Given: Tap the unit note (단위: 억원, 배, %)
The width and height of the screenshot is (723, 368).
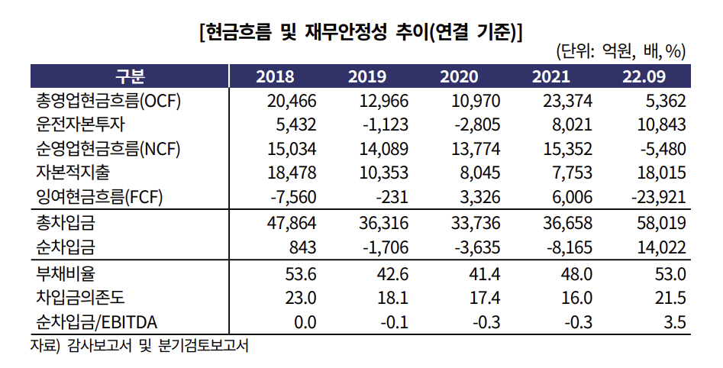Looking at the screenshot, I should [621, 52].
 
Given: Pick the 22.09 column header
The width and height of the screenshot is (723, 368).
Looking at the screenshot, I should [644, 76].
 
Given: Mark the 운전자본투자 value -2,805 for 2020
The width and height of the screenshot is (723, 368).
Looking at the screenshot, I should [475, 124].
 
